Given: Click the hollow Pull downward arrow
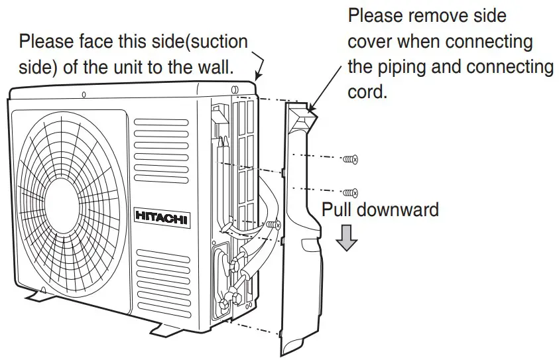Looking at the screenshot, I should point(345,238).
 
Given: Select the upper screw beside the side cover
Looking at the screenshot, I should point(351,159).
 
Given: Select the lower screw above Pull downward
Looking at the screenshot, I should point(351,192).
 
